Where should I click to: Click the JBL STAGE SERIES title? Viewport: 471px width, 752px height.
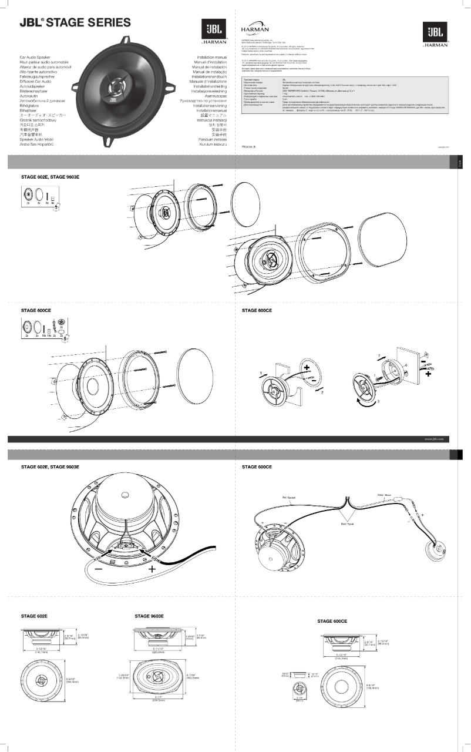point(75,23)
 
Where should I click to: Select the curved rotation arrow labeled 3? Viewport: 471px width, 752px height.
point(359,399)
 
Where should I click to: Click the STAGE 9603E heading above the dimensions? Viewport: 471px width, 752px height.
point(149,616)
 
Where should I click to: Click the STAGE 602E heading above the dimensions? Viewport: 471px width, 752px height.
point(34,616)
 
